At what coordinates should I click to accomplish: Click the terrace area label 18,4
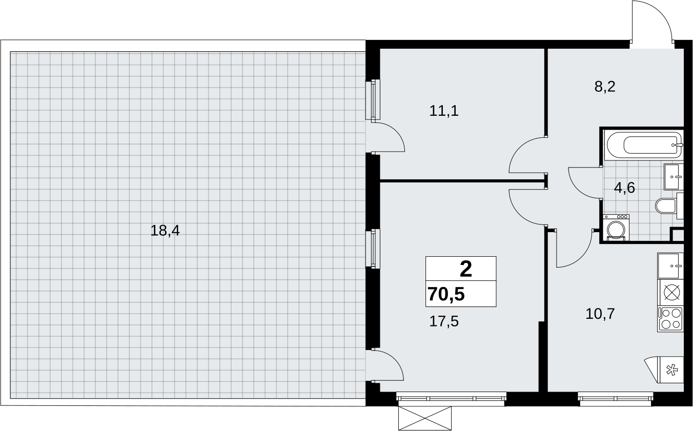tap(165, 231)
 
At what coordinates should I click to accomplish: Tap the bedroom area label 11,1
tap(444, 111)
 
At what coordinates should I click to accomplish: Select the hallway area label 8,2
tap(605, 87)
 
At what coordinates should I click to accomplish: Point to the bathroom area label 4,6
tap(624, 188)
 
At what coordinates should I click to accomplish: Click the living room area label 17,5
tap(444, 321)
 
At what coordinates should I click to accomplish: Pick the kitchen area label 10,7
tap(600, 314)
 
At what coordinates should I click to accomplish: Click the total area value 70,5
tap(446, 294)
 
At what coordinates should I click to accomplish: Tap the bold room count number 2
tap(466, 269)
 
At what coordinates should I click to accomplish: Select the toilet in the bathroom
tap(669, 206)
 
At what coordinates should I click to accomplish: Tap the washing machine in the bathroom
tap(616, 228)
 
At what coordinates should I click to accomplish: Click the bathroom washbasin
tap(674, 177)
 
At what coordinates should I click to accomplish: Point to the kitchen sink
tap(670, 266)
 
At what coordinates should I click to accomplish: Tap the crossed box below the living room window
tap(425, 418)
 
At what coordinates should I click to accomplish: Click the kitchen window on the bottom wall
tap(616, 399)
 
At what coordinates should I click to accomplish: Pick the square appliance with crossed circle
tap(670, 293)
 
